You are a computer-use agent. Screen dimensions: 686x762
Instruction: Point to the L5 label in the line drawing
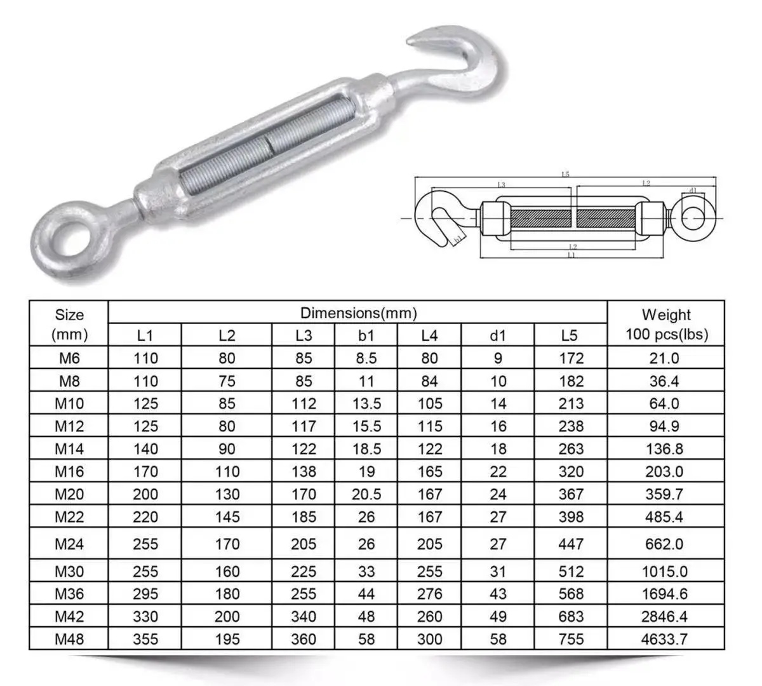click(565, 174)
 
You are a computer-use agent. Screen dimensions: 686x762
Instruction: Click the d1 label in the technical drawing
click(693, 190)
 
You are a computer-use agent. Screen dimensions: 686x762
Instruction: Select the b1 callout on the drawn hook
click(457, 239)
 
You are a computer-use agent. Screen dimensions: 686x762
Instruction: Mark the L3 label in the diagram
click(501, 185)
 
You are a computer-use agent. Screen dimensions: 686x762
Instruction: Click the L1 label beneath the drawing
click(571, 255)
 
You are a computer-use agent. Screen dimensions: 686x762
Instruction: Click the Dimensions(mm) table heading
click(358, 313)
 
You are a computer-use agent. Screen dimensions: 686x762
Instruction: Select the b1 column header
click(366, 335)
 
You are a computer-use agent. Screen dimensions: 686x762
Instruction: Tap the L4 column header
click(429, 335)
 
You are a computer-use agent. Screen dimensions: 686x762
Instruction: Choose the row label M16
click(69, 471)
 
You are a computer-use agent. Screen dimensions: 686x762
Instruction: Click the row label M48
click(69, 638)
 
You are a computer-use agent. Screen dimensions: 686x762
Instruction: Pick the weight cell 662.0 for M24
click(664, 544)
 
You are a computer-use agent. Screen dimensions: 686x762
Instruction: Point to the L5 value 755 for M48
click(570, 638)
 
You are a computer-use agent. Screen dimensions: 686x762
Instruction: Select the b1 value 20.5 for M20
click(366, 494)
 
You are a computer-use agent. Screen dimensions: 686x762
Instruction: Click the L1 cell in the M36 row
click(145, 594)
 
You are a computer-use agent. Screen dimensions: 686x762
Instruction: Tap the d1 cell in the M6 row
click(498, 358)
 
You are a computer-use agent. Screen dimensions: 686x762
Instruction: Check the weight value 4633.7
click(664, 638)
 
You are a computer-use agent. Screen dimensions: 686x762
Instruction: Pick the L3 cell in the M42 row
click(304, 616)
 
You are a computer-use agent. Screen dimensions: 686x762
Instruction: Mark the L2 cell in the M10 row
click(227, 403)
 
